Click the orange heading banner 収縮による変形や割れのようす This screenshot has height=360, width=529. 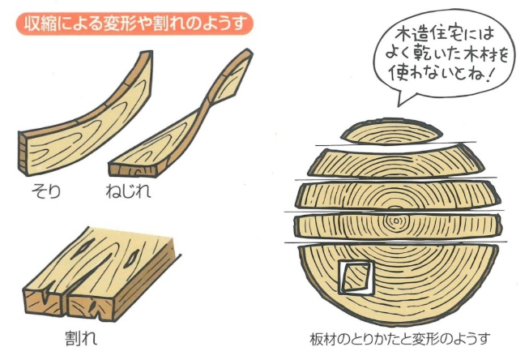click(134, 24)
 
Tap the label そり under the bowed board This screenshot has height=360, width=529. click(46, 191)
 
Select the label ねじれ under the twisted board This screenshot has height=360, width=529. click(128, 191)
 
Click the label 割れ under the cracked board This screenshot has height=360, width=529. click(81, 338)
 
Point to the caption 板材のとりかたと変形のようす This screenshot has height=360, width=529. click(399, 339)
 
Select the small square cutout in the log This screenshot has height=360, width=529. click(354, 277)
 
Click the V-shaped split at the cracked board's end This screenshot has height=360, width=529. click(45, 294)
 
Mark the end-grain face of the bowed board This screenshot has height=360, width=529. click(23, 154)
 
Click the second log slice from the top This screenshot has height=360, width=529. click(396, 163)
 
